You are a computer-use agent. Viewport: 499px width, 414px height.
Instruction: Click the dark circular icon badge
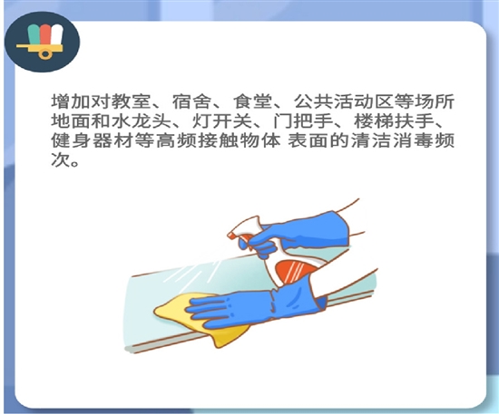click(x=42, y=42)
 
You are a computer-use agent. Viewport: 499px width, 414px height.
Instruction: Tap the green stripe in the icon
click(x=34, y=34)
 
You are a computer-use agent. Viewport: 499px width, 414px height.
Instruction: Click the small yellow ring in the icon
click(x=46, y=54)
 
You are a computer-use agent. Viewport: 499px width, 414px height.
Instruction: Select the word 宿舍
click(x=191, y=101)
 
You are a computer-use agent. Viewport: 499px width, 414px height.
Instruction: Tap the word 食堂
click(x=252, y=101)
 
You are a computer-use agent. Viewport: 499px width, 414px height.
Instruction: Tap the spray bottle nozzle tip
click(x=230, y=236)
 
